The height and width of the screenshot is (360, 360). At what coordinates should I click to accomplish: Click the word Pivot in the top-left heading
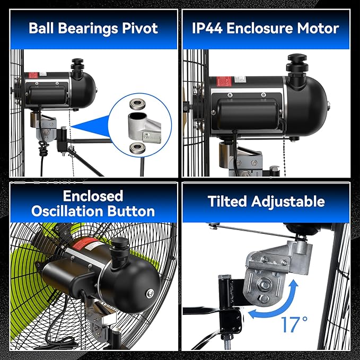point(140,28)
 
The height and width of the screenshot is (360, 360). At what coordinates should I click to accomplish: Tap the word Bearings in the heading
point(88,29)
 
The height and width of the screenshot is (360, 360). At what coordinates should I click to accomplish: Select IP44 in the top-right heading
point(207,28)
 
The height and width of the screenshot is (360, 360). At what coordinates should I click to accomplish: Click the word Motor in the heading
point(318,28)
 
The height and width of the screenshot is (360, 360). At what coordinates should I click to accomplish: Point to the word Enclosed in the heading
point(93,196)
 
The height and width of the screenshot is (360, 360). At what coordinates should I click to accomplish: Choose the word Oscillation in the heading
point(68,211)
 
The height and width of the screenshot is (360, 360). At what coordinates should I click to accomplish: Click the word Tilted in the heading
point(227,201)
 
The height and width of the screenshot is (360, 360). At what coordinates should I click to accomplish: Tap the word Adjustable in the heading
point(288,202)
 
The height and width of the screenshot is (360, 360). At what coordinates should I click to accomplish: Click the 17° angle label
point(294,324)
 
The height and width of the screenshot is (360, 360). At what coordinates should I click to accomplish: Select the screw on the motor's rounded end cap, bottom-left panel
point(150,293)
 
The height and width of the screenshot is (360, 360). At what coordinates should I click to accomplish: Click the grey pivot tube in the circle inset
point(137,126)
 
